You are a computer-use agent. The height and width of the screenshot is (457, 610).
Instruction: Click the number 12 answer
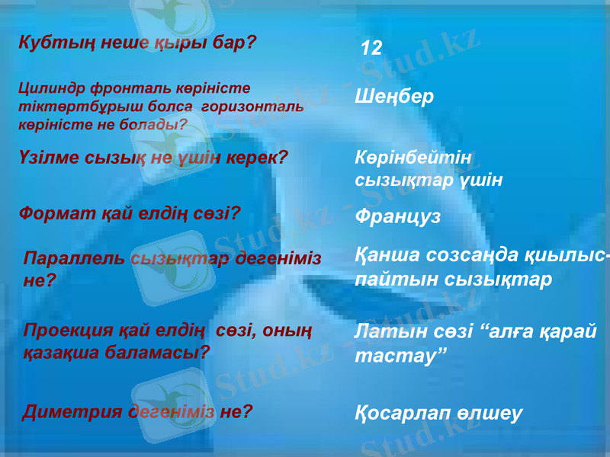[x=371, y=49]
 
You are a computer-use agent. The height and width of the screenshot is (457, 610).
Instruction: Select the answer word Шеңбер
[x=394, y=97]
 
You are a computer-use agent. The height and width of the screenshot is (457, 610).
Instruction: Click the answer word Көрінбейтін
[x=414, y=157]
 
